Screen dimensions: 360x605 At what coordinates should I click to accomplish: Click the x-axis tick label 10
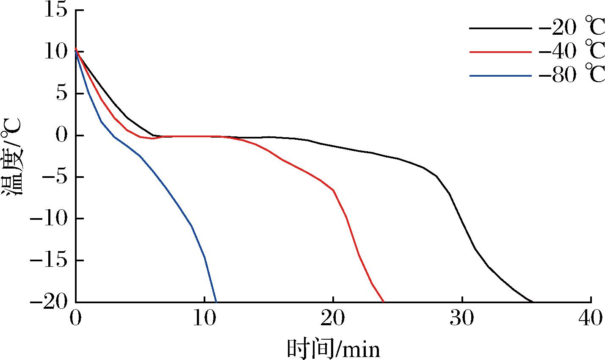(204, 318)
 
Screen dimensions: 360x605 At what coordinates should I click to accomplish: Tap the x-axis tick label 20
(333, 318)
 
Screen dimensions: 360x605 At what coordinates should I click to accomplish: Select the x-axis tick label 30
(462, 318)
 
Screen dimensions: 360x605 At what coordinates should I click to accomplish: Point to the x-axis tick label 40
(591, 318)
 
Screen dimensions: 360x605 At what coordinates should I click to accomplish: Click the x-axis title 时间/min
(333, 348)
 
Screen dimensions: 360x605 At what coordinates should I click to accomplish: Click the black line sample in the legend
(500, 28)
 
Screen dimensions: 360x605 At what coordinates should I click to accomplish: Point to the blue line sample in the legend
(500, 76)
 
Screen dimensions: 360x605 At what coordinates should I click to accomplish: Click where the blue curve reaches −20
(216, 301)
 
